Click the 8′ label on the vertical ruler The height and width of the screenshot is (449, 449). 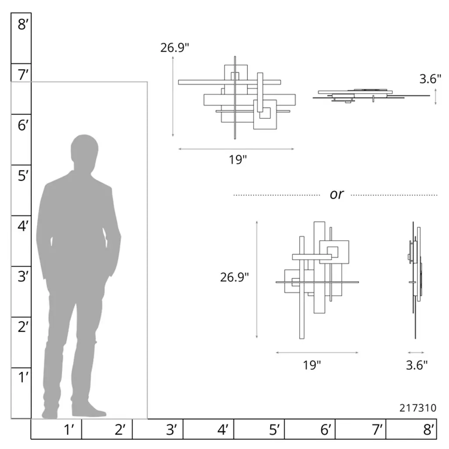point(23,25)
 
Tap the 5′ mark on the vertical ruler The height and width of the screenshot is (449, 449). point(23,175)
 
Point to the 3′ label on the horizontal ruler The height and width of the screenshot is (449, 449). point(171,430)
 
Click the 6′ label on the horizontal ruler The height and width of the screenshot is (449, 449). point(326,430)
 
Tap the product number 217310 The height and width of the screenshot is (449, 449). point(418,408)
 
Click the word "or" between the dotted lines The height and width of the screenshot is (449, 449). point(336,194)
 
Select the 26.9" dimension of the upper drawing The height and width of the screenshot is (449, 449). point(175,47)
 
